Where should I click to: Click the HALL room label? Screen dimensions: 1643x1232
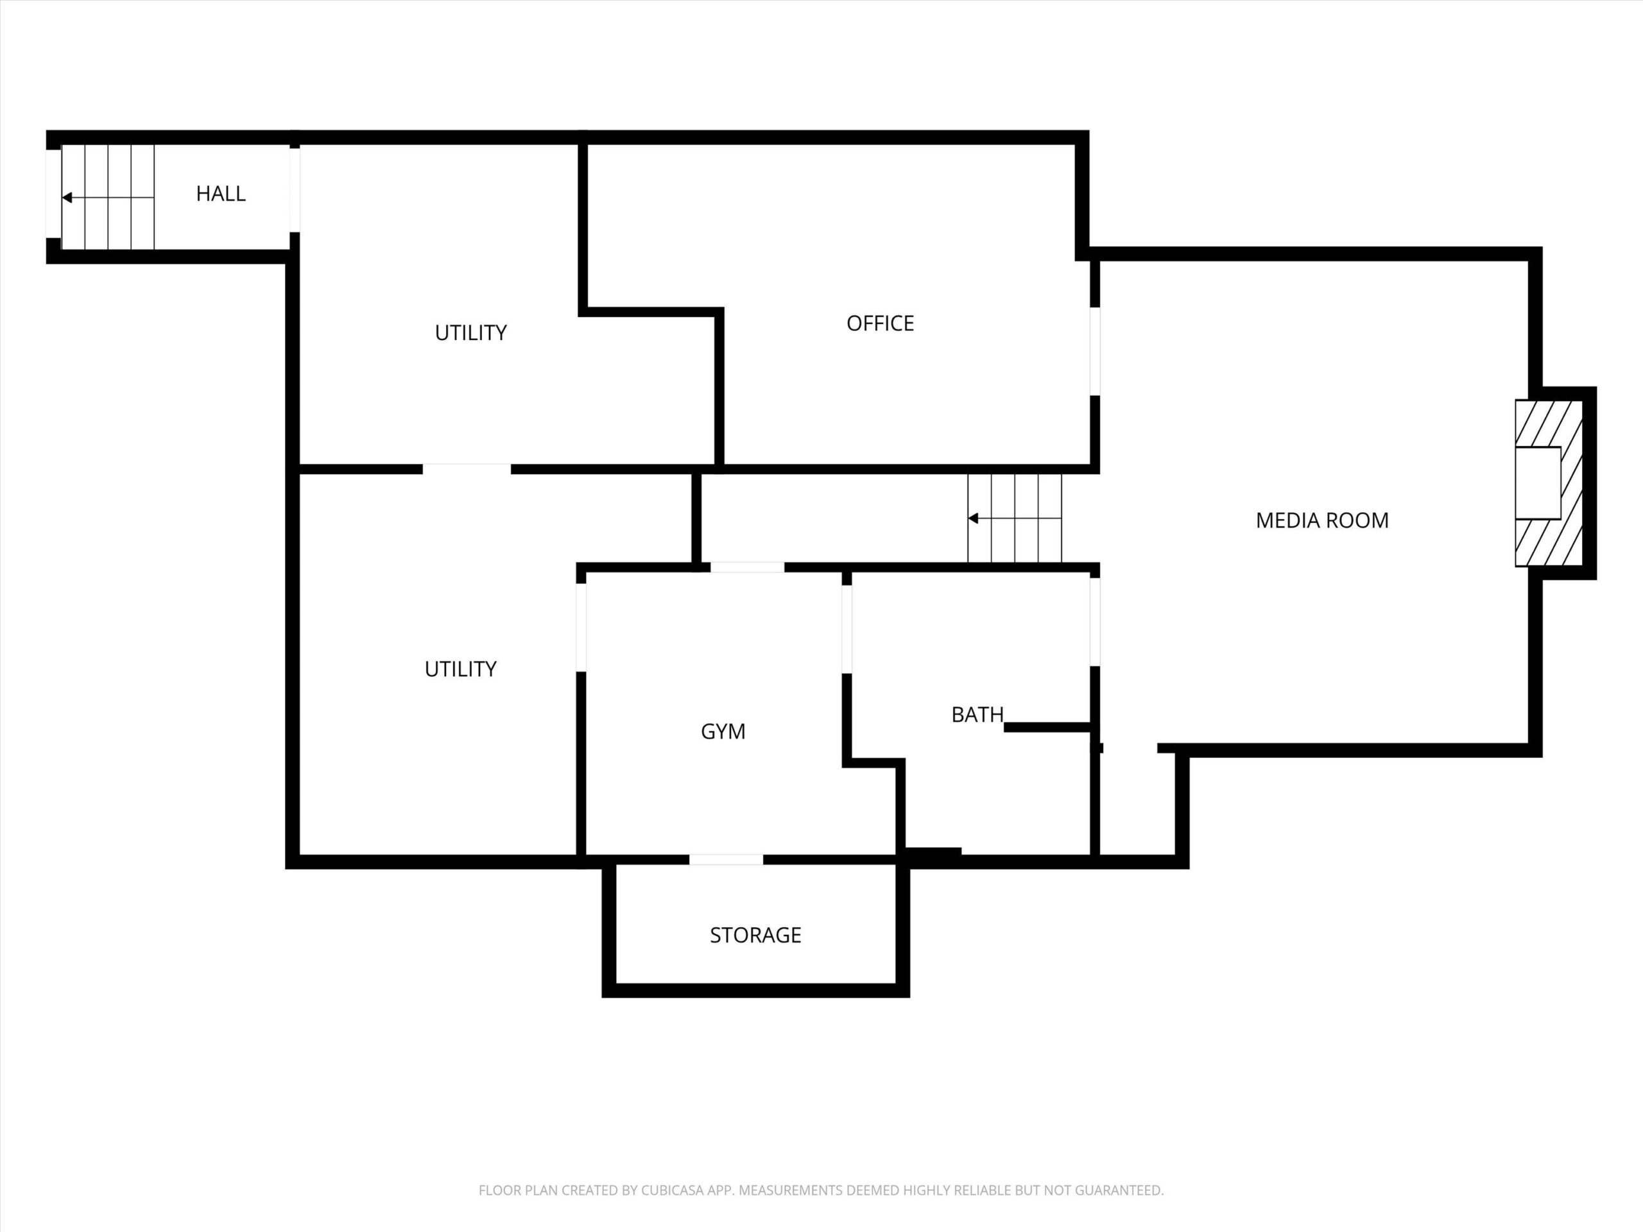click(221, 194)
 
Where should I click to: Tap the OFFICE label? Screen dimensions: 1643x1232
click(880, 323)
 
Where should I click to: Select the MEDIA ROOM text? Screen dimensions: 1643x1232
click(1322, 520)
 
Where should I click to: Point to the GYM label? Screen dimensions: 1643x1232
click(723, 732)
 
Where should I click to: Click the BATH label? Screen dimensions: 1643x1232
click(977, 714)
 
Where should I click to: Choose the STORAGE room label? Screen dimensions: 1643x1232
click(755, 935)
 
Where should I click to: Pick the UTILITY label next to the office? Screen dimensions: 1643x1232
click(471, 332)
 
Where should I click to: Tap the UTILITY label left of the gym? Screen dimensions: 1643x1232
click(461, 669)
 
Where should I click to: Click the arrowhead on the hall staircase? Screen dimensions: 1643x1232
click(67, 198)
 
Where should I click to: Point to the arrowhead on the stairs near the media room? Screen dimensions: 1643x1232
click(973, 518)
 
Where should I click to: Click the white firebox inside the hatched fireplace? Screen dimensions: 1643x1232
click(1538, 483)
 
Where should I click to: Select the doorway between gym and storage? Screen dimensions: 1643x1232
click(726, 860)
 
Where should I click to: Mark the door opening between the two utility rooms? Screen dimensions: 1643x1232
click(467, 469)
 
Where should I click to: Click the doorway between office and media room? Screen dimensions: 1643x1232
click(1095, 350)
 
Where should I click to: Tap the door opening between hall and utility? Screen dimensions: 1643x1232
click(295, 189)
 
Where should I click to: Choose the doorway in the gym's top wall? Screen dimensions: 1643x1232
click(747, 567)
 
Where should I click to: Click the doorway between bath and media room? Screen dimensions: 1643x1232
click(1095, 622)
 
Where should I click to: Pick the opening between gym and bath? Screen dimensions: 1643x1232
click(847, 629)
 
